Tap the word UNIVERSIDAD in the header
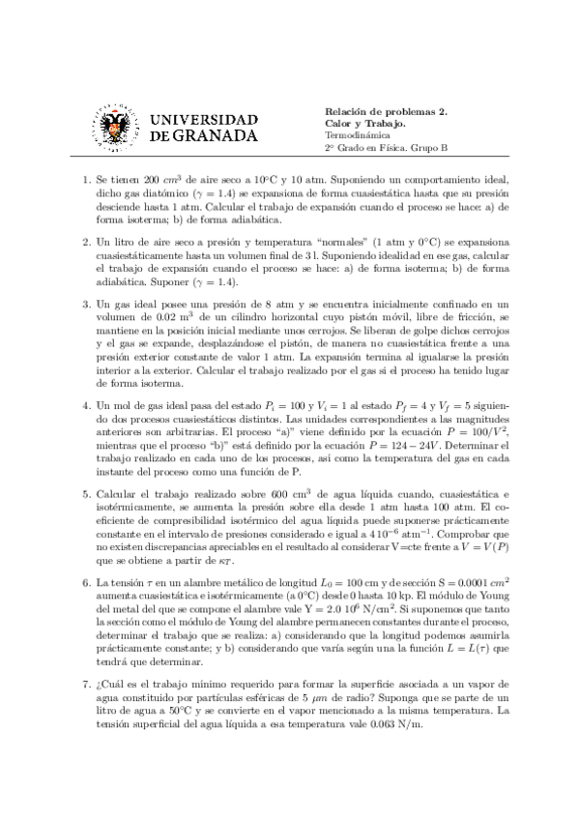[x=205, y=117]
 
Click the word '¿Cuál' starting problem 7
[x=110, y=683]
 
